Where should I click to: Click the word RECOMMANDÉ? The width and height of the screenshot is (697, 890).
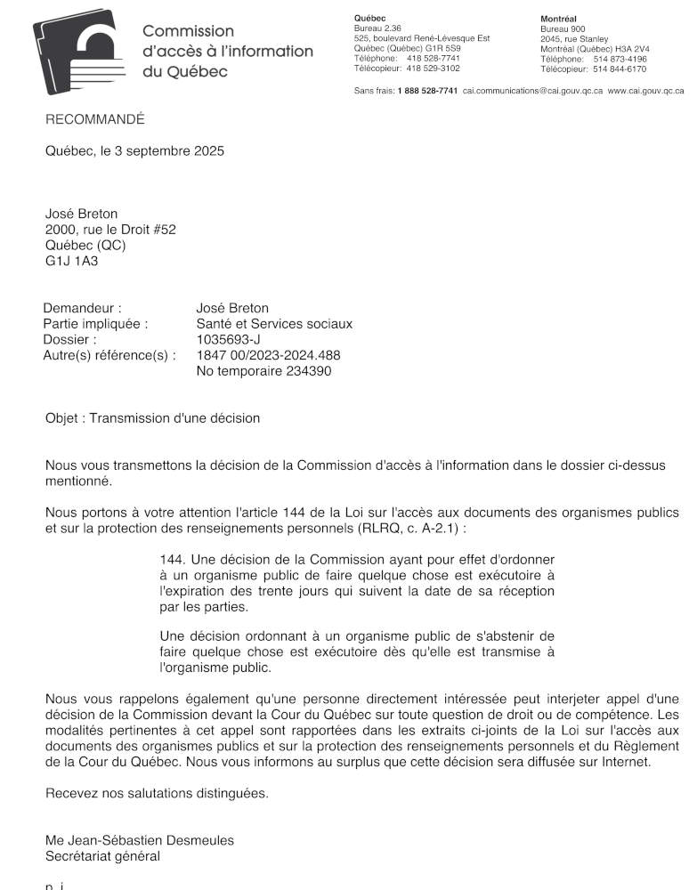94,119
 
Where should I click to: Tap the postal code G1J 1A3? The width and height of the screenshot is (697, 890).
72,261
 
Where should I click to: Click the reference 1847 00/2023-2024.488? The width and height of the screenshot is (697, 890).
268,355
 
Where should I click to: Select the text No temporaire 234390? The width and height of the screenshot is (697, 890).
263,371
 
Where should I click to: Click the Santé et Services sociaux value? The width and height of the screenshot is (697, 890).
274,324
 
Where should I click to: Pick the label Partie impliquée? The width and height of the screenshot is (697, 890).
95,324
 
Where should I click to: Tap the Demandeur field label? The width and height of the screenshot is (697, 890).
82,308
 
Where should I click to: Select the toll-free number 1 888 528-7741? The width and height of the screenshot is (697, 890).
427,91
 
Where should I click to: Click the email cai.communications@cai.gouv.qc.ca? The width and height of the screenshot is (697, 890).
532,91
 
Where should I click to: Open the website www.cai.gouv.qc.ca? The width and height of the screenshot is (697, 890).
645,91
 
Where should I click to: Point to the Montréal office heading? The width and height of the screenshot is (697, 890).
558,19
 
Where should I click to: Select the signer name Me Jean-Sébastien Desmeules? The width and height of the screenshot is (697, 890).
140,840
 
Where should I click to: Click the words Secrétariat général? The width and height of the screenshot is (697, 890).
102,856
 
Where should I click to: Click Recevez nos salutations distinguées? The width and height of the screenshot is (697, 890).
157,792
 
